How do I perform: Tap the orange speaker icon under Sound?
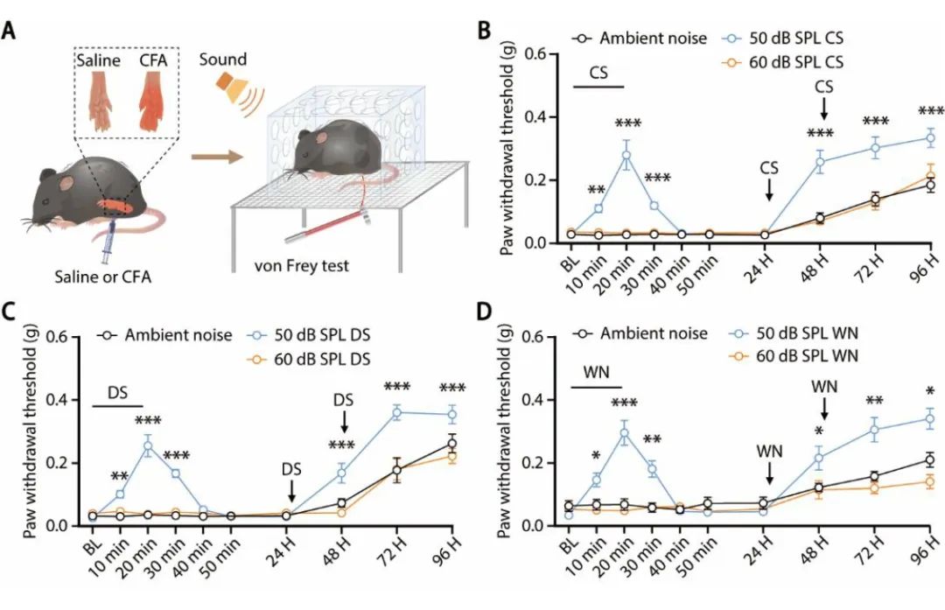pos(228,88)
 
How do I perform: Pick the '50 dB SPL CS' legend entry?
pos(782,39)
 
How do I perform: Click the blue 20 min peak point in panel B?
pos(626,155)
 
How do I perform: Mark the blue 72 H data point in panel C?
pos(397,412)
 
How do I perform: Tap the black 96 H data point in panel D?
pos(929,459)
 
